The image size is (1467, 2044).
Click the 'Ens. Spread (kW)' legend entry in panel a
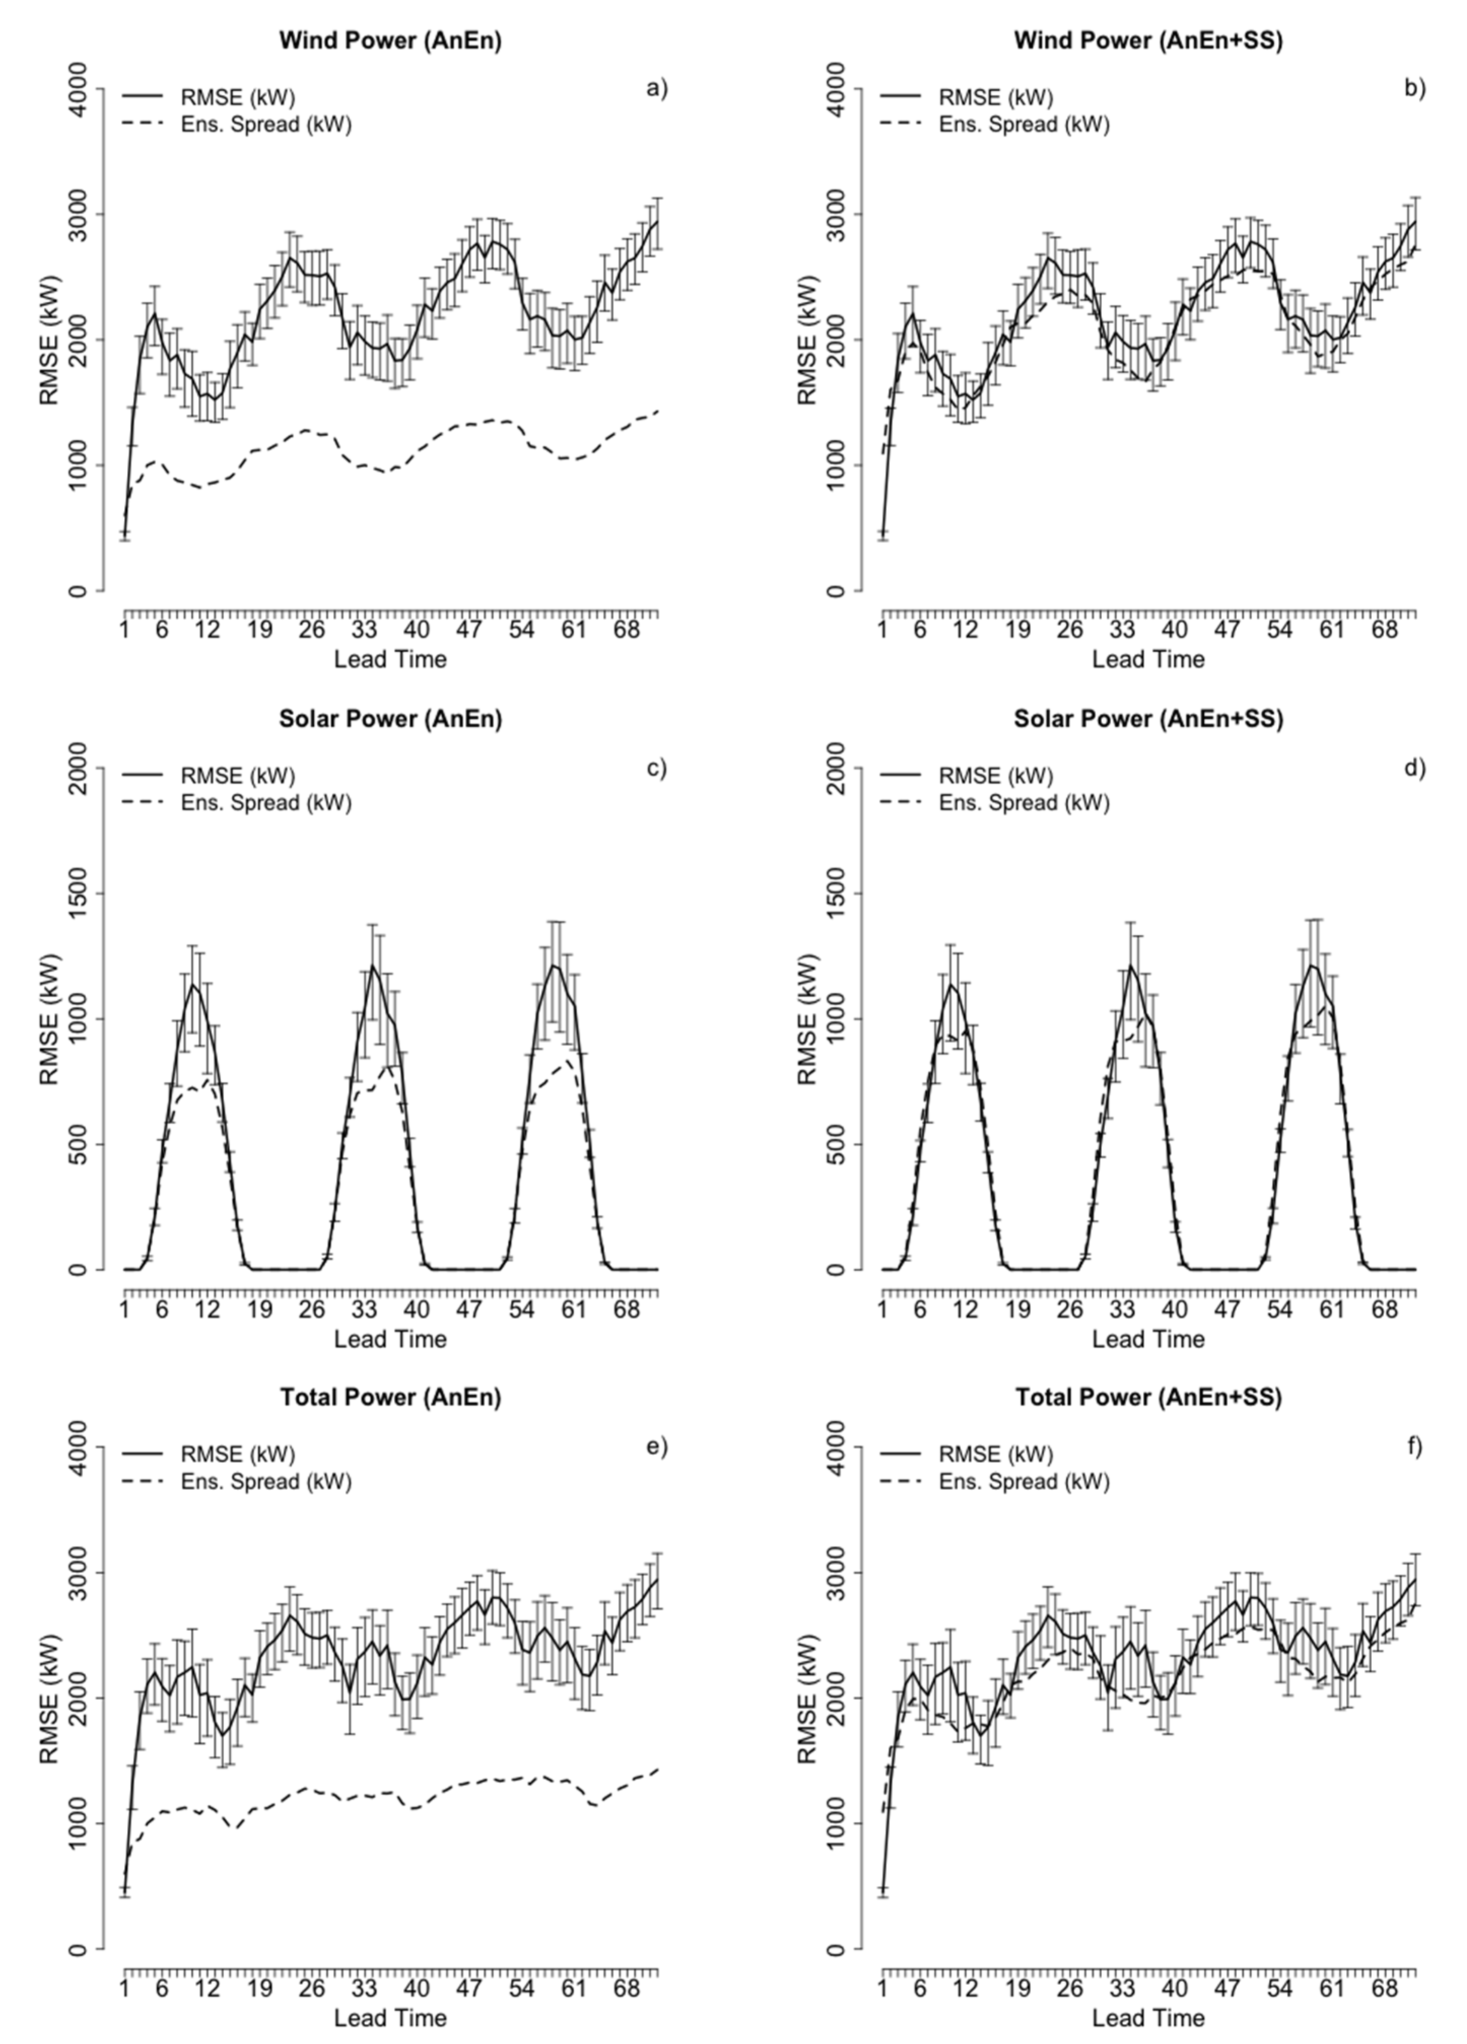pyautogui.click(x=266, y=124)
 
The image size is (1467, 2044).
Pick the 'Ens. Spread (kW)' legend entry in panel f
pyautogui.click(x=1024, y=1482)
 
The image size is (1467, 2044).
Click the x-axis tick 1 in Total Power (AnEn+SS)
pyautogui.click(x=882, y=1987)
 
